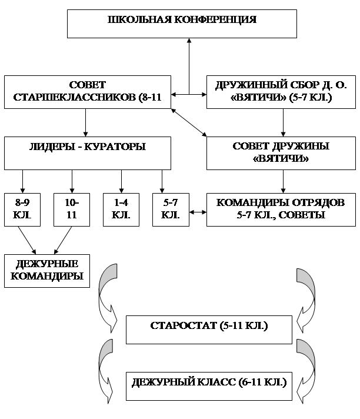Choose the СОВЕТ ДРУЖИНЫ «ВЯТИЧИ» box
click(282, 152)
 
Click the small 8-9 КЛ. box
click(22, 209)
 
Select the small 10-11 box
click(71, 209)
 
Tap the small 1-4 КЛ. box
click(121, 209)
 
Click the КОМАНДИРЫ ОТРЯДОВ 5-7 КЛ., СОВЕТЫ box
click(282, 209)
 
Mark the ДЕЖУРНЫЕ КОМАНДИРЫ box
click(46, 270)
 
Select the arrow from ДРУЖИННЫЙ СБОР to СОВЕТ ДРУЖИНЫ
click(284, 122)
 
